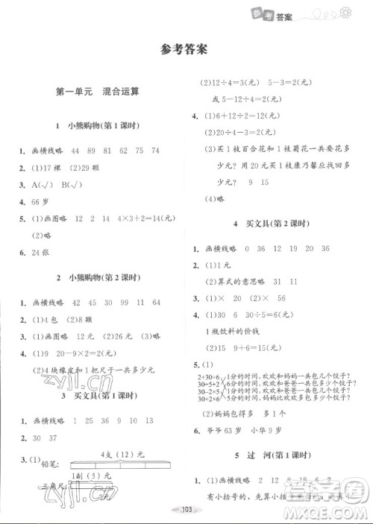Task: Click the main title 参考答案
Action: pyautogui.click(x=186, y=50)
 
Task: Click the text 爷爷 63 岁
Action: pyautogui.click(x=229, y=432)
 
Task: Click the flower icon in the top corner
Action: pyautogui.click(x=345, y=11)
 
